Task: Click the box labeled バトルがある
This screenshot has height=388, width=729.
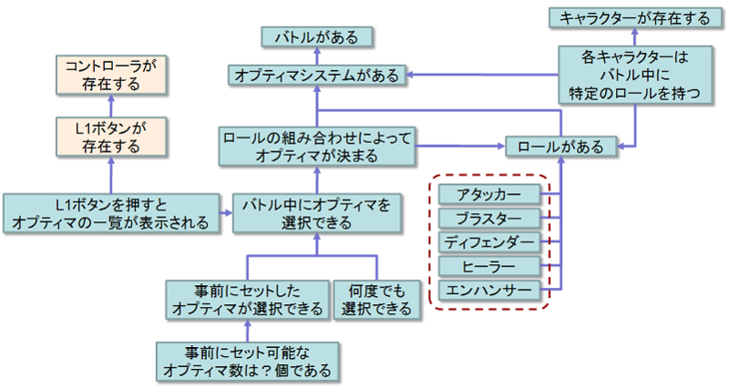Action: (x=316, y=37)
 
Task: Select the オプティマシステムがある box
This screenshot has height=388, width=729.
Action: (x=316, y=76)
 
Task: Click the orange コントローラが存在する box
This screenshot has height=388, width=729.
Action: (x=110, y=75)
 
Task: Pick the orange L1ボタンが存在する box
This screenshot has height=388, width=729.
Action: (x=110, y=135)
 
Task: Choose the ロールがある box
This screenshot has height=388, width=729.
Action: (x=560, y=146)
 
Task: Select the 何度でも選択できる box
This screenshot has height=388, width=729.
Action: (x=374, y=300)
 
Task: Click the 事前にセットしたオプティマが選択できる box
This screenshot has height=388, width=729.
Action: (x=248, y=300)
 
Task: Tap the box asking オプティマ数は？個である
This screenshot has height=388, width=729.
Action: (x=247, y=362)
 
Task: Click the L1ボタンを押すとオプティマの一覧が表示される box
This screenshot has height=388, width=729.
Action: (x=110, y=211)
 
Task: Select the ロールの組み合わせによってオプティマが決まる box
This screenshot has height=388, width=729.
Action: (x=316, y=146)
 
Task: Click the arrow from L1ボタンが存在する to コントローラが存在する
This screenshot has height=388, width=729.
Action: (x=110, y=105)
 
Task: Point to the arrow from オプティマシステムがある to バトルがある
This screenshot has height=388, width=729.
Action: (x=316, y=56)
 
